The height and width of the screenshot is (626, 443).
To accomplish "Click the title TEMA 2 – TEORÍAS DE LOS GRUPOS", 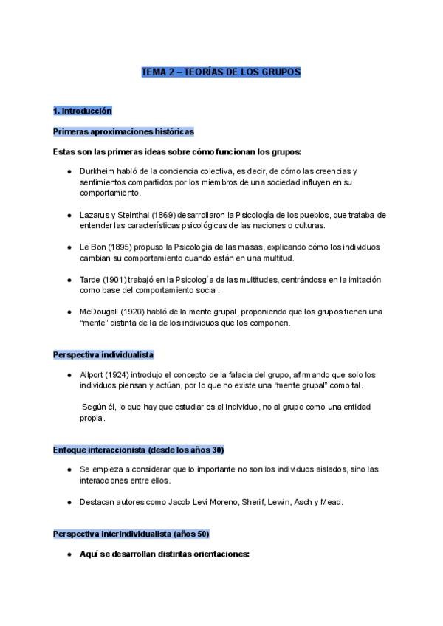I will coord(221,73).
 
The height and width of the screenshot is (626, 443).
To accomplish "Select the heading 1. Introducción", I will coord(83,111).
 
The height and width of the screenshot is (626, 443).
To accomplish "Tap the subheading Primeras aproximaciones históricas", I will coord(124,131).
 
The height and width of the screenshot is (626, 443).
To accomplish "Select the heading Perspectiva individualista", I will coord(103,354).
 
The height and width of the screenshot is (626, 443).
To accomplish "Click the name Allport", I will coord(93,376).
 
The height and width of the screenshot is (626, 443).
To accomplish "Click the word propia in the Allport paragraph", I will coord(92,419).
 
